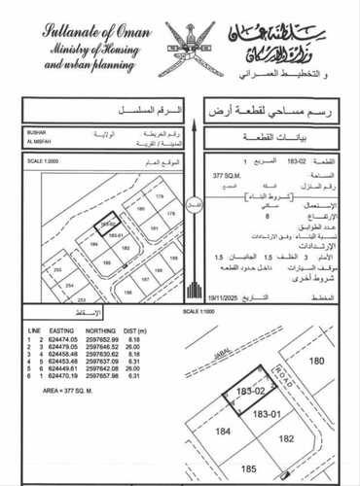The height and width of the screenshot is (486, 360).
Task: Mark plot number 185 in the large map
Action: pyautogui.click(x=234, y=471)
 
